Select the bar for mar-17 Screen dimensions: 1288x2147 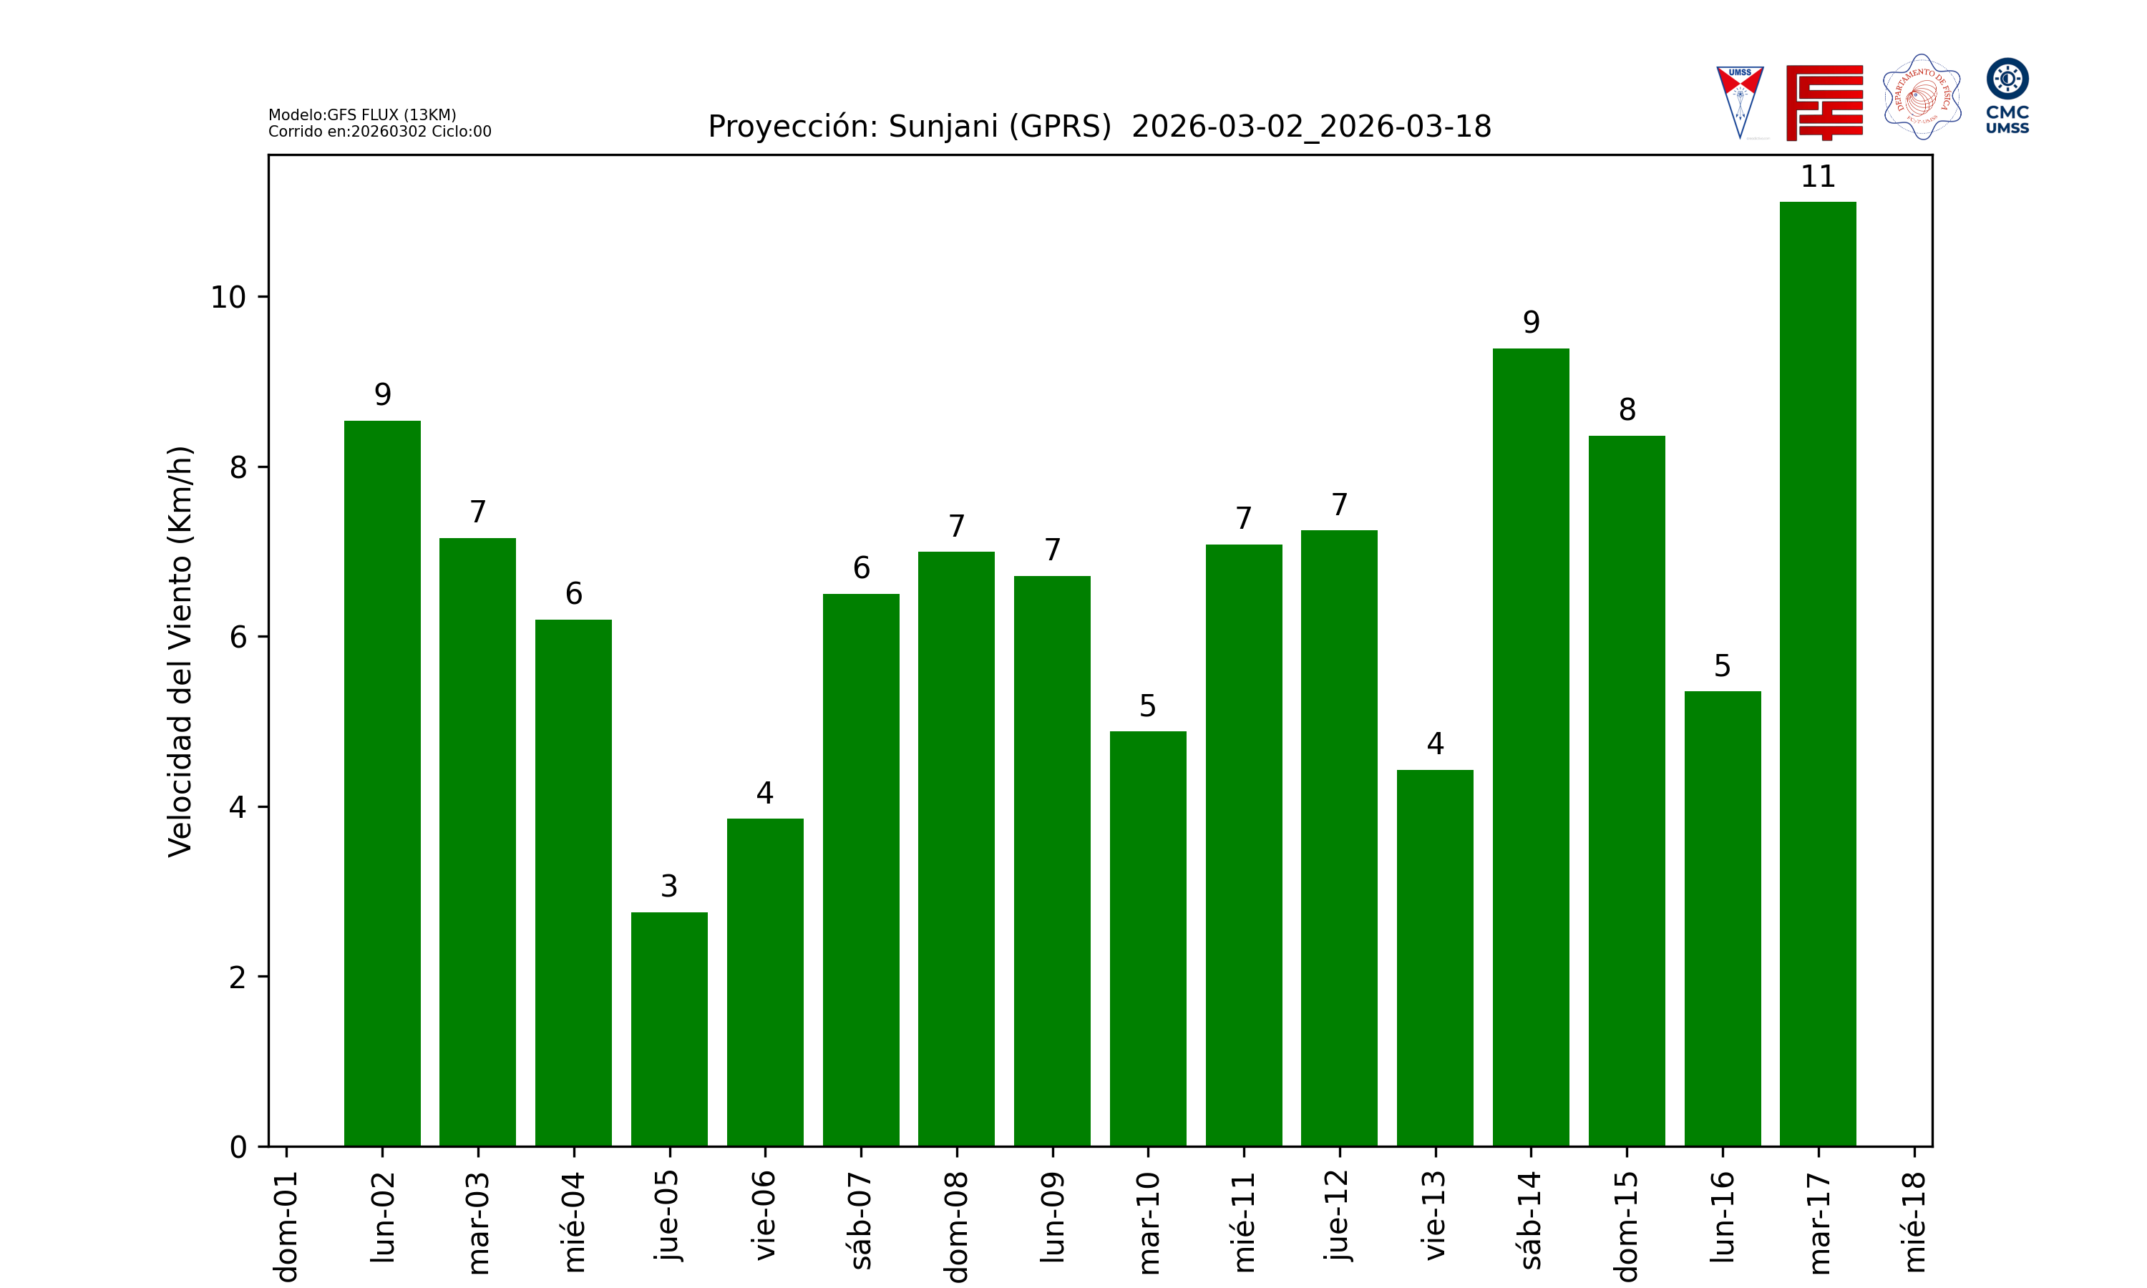pos(1817,673)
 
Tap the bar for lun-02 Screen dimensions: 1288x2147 pos(382,783)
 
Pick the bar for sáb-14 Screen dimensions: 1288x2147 pos(1531,746)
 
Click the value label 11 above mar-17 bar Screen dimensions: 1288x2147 pos(1817,177)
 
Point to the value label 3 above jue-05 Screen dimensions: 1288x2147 pos(669,886)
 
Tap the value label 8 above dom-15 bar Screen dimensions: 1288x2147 pos(1627,410)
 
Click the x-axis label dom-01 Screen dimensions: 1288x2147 pos(286,1226)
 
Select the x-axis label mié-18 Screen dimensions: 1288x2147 pos(1914,1221)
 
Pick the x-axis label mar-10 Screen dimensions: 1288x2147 pos(1148,1222)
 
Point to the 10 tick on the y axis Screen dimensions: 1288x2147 pos(228,298)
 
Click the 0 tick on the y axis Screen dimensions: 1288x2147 pos(238,1148)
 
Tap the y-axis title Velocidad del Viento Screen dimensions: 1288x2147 pos(180,651)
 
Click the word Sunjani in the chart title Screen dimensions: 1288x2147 pos(943,127)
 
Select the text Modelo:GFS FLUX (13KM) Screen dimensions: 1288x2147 pos(362,114)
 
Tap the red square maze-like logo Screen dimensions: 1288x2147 pos(1824,102)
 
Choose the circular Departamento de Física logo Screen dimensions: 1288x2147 pos(1922,97)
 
